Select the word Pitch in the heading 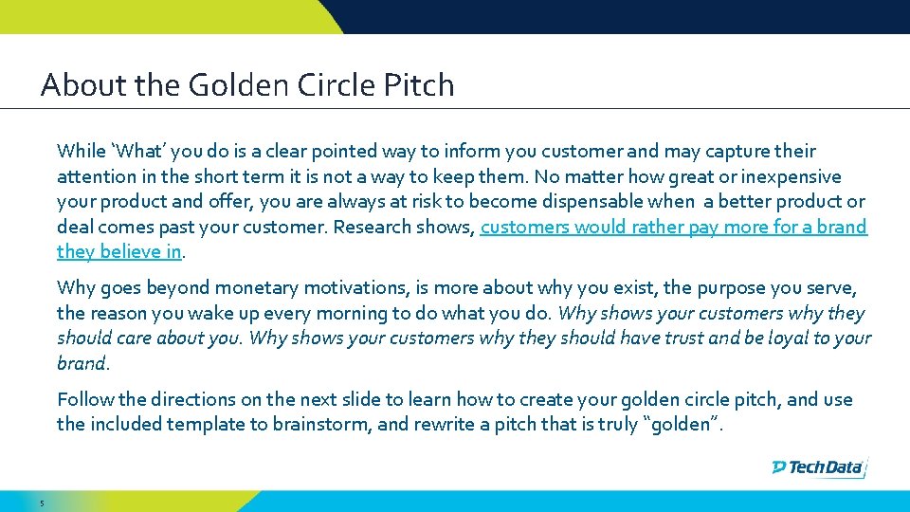click(419, 85)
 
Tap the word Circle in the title click(336, 85)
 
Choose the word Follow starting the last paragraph click(85, 399)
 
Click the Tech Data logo click(818, 466)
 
